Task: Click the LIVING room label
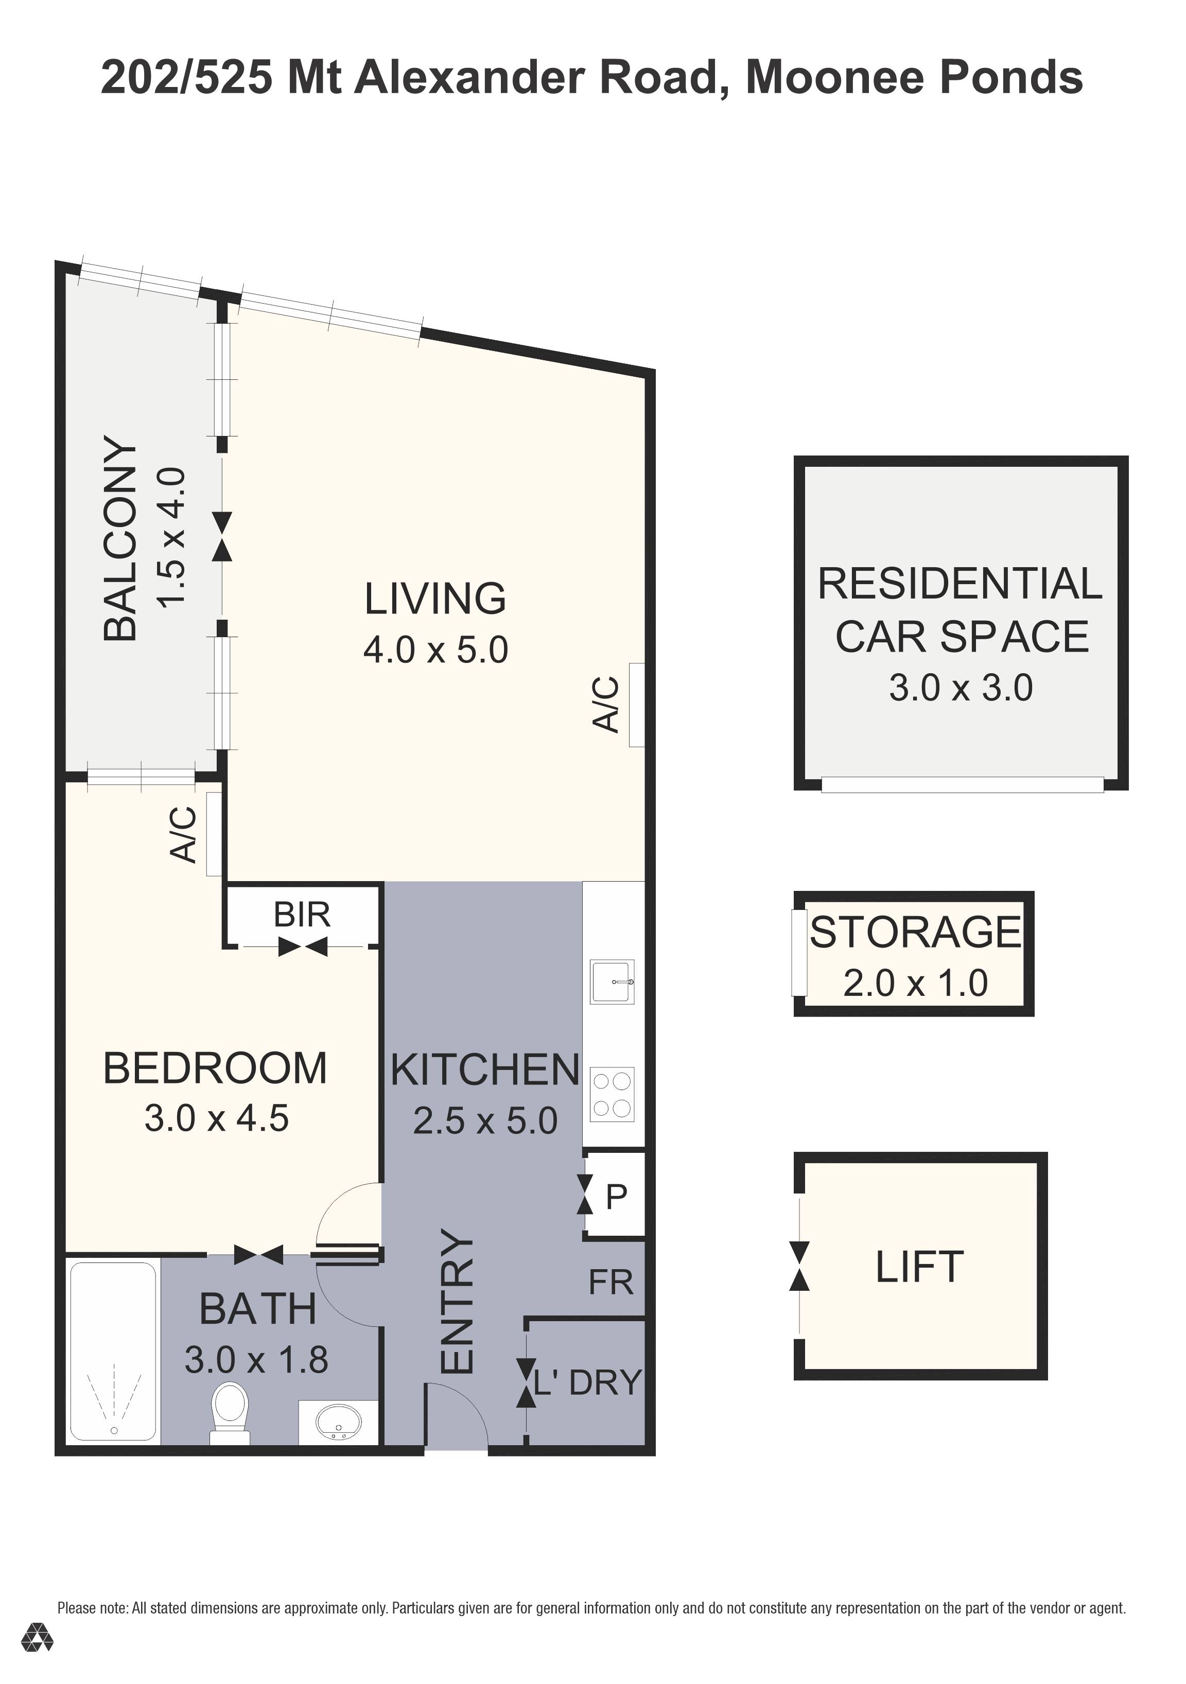point(435,599)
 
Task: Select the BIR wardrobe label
point(302,915)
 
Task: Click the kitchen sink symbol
point(612,981)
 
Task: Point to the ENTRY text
point(458,1302)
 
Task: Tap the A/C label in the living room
point(606,704)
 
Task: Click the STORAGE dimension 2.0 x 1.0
point(915,983)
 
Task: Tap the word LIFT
point(918,1267)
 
